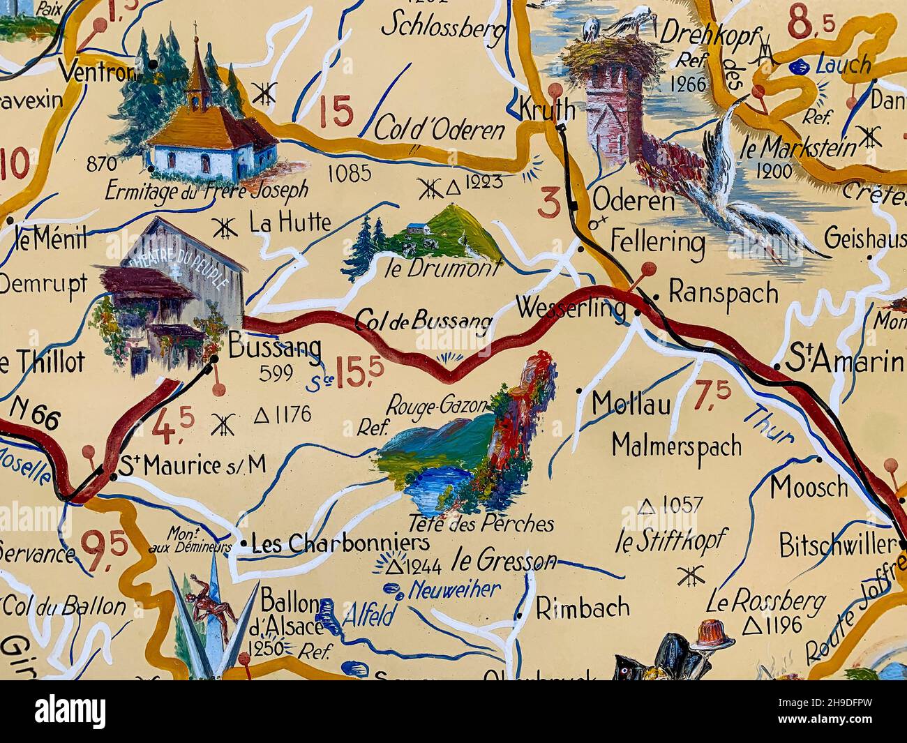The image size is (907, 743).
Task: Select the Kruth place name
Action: point(547,109)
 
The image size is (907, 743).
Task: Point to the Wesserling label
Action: point(570,308)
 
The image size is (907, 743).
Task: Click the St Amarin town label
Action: point(844,361)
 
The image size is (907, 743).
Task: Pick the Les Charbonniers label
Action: point(340,543)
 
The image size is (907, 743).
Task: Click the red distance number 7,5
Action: point(712,396)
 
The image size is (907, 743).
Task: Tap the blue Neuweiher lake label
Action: point(454,590)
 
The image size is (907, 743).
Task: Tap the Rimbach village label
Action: point(583,608)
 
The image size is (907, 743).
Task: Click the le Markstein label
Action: point(808,148)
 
